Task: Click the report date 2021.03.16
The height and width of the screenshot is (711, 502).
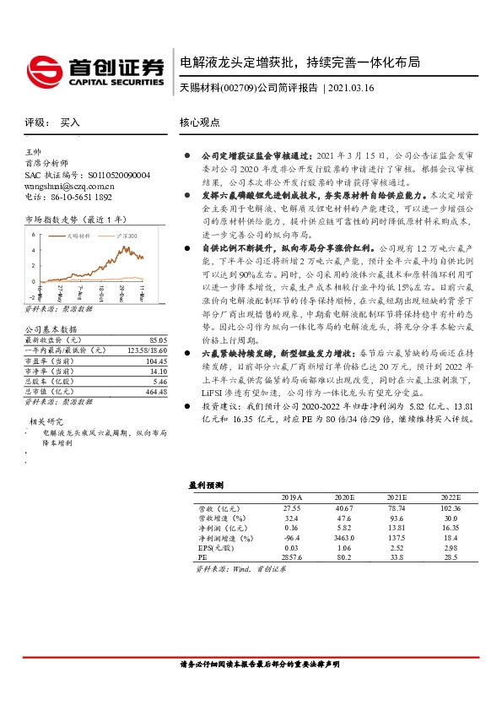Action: click(349, 88)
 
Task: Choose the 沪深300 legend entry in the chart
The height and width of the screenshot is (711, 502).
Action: click(124, 236)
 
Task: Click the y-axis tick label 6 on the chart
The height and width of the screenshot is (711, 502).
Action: click(33, 234)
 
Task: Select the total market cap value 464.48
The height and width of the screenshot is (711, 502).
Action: click(155, 393)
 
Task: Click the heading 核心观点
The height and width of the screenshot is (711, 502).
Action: click(200, 122)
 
